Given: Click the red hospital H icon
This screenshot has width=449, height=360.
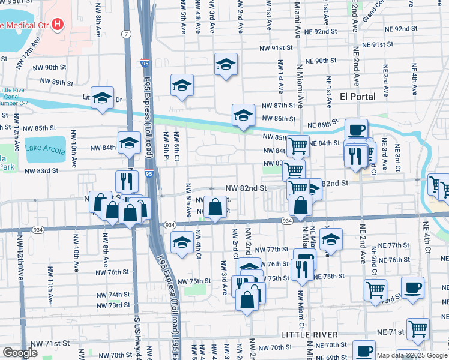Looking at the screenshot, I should [57, 25].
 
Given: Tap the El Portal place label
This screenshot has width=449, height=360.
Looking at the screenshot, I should [357, 97].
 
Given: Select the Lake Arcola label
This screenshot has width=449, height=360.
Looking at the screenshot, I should [45, 150].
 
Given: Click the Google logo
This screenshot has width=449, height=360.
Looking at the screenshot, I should [20, 353].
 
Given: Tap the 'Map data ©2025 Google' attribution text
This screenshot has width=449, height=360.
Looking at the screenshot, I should [412, 355].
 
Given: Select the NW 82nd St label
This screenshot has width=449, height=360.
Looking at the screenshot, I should [246, 188].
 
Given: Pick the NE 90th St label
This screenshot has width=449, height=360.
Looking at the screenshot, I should [321, 61].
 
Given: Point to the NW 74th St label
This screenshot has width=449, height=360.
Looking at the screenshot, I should [113, 295].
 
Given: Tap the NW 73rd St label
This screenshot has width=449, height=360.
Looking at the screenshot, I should [113, 305].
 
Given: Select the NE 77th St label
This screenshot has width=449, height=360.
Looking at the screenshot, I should [390, 245].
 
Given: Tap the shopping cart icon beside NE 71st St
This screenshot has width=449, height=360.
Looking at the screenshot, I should [418, 328].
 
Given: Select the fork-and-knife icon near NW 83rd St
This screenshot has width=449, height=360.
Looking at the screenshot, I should [127, 180].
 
